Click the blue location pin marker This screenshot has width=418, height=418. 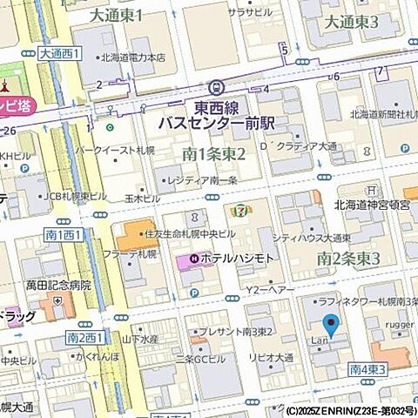(x=330, y=328)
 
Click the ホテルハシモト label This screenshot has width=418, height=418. (x=237, y=260)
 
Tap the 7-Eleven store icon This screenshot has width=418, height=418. (x=238, y=210)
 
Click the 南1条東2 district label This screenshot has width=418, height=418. (x=213, y=154)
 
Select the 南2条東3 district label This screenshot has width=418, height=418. (x=348, y=258)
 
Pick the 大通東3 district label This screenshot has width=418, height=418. (x=351, y=22)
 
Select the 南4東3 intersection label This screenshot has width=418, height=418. (x=368, y=370)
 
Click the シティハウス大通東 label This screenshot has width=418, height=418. (x=311, y=237)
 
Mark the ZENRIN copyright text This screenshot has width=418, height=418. (x=350, y=410)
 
